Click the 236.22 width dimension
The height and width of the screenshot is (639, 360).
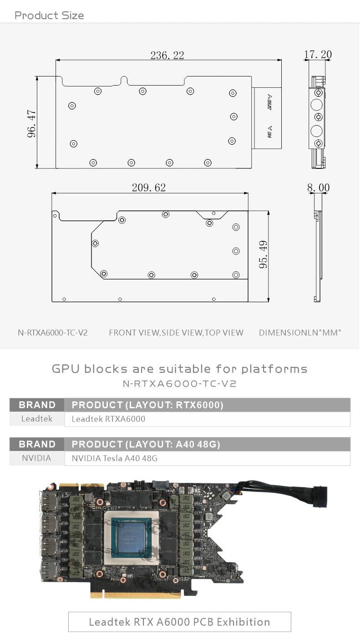[x=167, y=56]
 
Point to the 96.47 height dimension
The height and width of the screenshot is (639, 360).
[x=31, y=123]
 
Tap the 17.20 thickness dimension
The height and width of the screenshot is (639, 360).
[x=318, y=55]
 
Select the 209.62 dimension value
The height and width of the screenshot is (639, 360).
[x=149, y=188]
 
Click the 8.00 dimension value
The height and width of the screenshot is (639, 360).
[x=318, y=188]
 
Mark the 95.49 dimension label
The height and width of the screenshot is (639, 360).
[x=263, y=254]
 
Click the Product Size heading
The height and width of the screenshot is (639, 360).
[x=49, y=15]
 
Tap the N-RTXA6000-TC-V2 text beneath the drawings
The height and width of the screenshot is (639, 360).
[x=53, y=333]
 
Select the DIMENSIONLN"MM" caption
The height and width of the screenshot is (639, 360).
[x=300, y=333]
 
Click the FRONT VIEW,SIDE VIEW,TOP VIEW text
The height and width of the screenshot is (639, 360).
[x=176, y=333]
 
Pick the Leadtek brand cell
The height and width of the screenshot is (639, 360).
[x=37, y=419]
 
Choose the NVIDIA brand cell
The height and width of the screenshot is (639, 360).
[x=37, y=458]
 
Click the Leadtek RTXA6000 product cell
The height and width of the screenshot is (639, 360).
[x=109, y=419]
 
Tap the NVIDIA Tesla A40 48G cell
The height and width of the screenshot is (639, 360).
[x=115, y=458]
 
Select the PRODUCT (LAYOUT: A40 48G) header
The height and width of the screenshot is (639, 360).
[x=146, y=444]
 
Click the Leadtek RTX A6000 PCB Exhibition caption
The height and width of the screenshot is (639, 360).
[x=179, y=622]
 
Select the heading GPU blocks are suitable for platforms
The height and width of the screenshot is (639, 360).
[x=180, y=368]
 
